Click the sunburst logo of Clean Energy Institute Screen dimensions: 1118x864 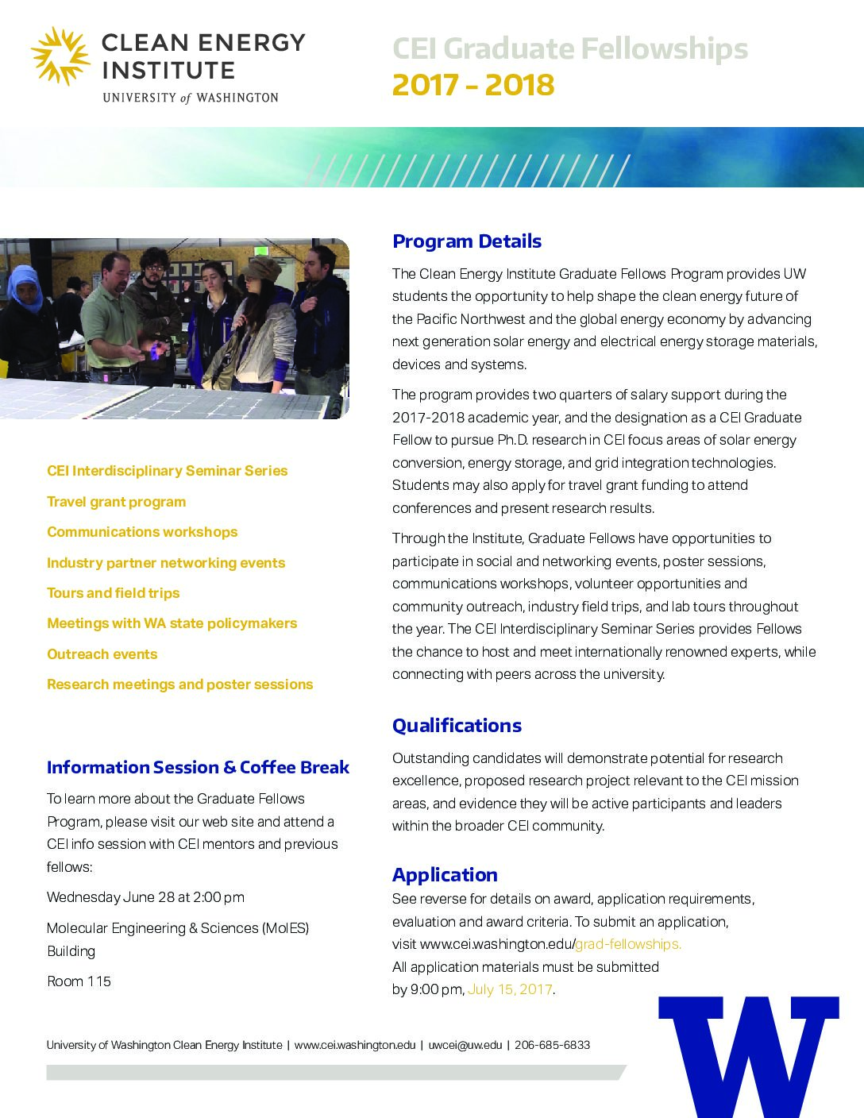tap(61, 56)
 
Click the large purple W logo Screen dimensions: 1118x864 tap(749, 1055)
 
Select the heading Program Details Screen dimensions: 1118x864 tap(467, 241)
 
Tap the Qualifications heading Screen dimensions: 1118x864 tap(457, 726)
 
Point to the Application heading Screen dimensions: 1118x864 tap(445, 875)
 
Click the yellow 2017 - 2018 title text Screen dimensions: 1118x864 tap(473, 85)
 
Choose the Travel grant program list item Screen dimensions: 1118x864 tap(116, 502)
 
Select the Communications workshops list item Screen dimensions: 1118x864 tap(142, 532)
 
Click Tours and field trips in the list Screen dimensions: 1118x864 tap(113, 593)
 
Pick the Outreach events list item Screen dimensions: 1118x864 tap(102, 654)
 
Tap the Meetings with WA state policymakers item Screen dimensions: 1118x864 tap(172, 623)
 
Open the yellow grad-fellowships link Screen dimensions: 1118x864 tap(628, 944)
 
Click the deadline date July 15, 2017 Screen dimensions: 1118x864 tap(510, 989)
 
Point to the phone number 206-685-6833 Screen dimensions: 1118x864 tap(552, 1045)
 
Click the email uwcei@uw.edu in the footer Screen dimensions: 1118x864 tap(465, 1045)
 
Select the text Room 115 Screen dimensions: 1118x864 tap(79, 981)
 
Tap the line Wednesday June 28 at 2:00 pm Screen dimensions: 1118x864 tap(145, 897)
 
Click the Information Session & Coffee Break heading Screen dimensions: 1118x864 tap(198, 768)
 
